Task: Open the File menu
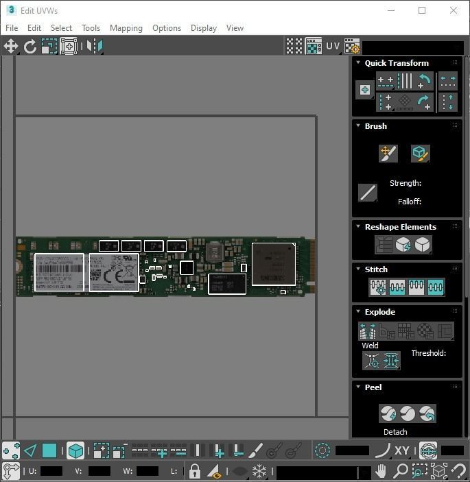(12, 28)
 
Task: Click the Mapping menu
(126, 28)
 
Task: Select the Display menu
(204, 28)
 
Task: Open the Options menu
(167, 28)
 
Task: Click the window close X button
(454, 10)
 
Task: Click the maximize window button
(422, 10)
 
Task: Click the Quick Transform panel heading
(397, 63)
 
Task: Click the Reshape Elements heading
(400, 227)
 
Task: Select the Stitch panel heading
(376, 269)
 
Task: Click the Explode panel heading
(379, 312)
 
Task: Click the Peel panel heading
(373, 387)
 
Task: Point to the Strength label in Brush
(406, 183)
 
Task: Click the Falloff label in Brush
(410, 202)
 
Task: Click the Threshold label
(429, 353)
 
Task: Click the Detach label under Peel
(395, 432)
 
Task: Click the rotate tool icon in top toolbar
(30, 47)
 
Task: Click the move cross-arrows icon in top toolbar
(11, 47)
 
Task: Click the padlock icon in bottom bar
(195, 472)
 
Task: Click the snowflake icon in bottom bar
(259, 472)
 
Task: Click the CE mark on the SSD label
(124, 278)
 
